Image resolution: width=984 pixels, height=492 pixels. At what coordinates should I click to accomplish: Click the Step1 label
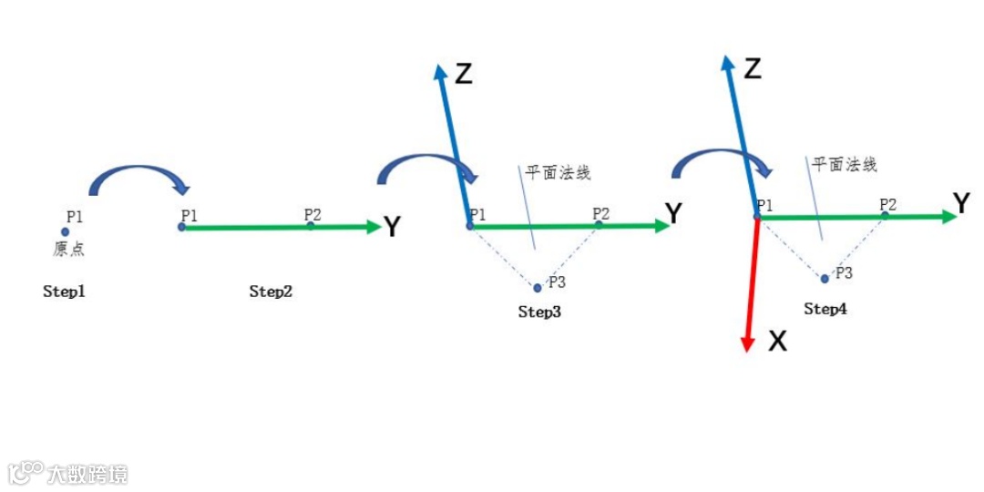tap(64, 292)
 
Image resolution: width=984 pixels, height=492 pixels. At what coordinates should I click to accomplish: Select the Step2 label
tap(271, 292)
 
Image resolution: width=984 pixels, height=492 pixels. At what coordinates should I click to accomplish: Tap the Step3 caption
tap(539, 313)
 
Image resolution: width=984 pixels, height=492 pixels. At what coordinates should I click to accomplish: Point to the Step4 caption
tap(825, 309)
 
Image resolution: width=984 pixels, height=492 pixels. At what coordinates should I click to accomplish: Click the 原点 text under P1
tap(68, 249)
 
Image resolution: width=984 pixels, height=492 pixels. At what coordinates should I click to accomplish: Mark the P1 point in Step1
tap(66, 232)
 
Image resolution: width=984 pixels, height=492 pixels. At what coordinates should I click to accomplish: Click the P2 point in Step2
tap(311, 226)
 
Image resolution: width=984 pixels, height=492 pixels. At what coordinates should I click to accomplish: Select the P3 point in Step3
tap(538, 288)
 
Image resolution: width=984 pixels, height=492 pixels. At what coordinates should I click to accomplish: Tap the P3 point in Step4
tap(825, 279)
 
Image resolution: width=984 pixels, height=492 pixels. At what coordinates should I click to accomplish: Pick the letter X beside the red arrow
tap(777, 342)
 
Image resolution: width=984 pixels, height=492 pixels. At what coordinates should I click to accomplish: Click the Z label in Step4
tap(752, 68)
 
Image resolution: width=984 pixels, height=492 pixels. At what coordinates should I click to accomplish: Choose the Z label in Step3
tap(464, 74)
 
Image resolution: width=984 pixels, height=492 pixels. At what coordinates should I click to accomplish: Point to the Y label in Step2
tap(392, 227)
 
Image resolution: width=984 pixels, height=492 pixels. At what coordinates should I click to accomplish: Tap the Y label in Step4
tap(960, 204)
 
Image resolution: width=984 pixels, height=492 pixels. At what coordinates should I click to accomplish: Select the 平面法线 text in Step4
tap(845, 165)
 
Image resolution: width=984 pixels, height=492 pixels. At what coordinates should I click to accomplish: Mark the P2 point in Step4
tap(884, 216)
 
